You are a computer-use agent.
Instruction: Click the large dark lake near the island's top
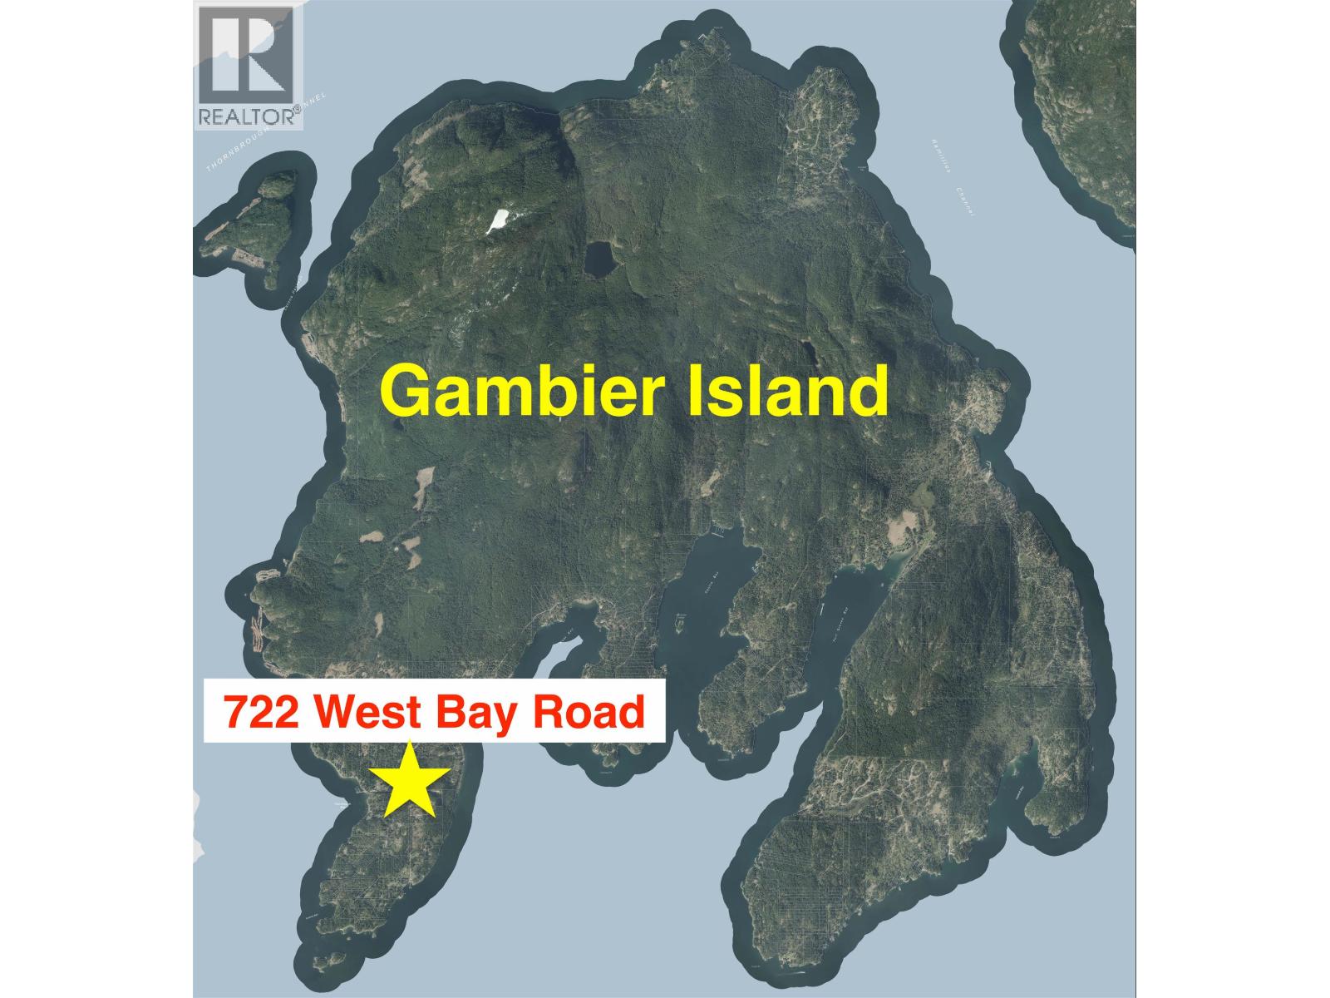[598, 260]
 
